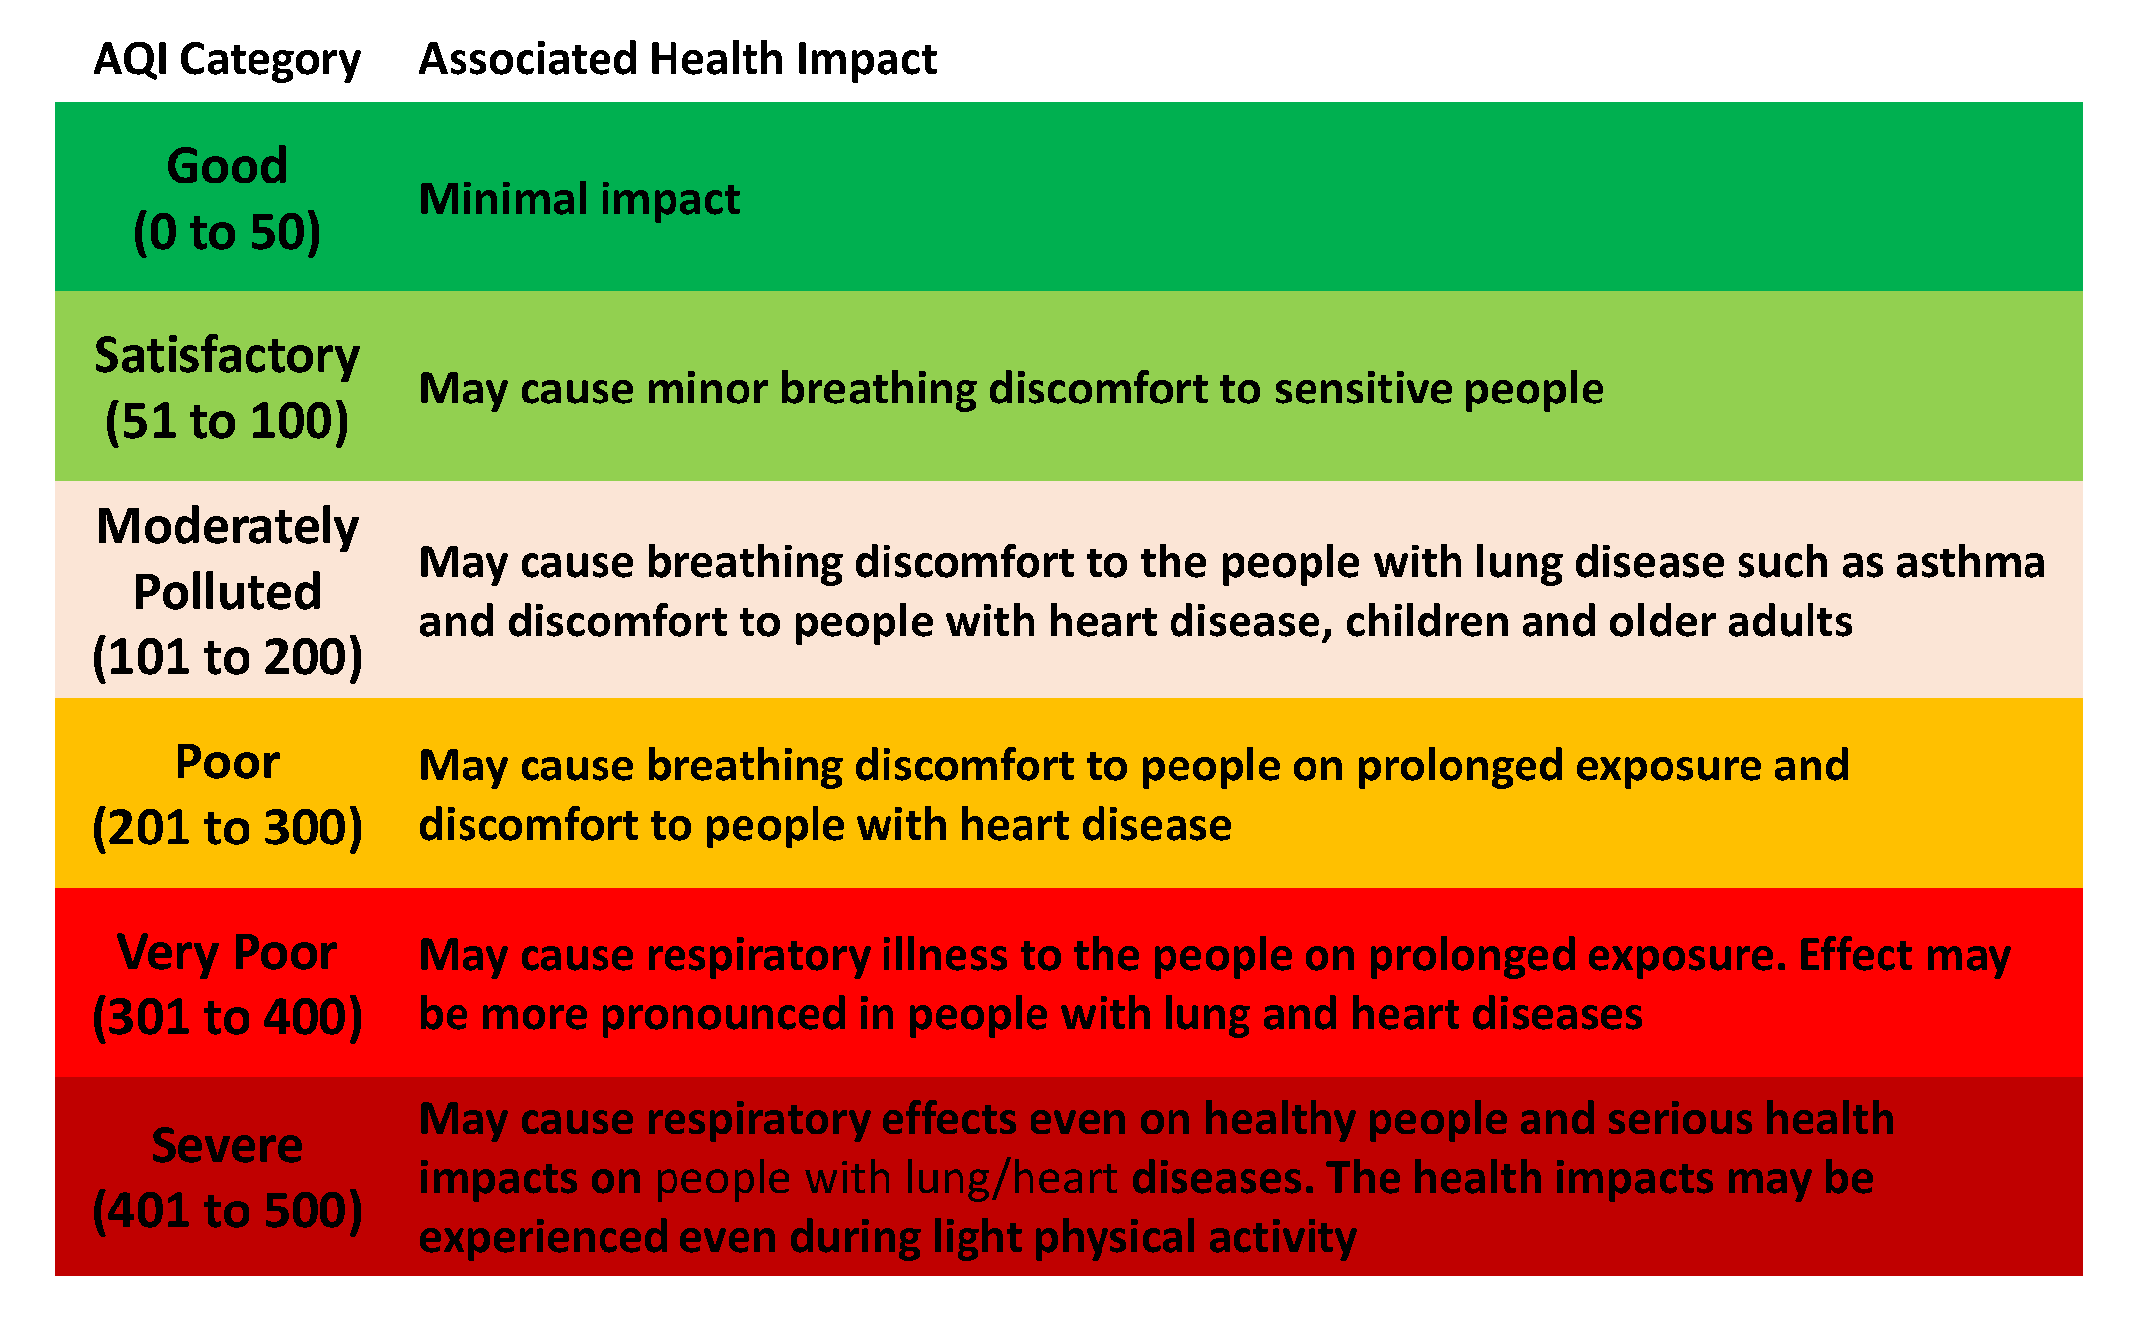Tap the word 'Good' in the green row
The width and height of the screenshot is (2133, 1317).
(227, 165)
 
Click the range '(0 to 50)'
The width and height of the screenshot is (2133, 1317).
(227, 233)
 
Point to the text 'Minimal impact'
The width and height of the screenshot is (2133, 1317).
(579, 199)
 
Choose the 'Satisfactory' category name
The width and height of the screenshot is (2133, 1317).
(227, 356)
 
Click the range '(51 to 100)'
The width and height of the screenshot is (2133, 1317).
(227, 422)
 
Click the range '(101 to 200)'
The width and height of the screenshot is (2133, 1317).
(227, 658)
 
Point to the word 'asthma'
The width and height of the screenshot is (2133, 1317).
(1970, 562)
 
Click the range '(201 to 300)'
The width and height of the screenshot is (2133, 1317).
(227, 828)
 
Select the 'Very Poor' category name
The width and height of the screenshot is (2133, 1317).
(227, 953)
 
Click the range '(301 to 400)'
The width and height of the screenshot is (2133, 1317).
(227, 1018)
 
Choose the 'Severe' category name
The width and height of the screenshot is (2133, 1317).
(227, 1145)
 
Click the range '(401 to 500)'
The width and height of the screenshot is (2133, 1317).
(227, 1211)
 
